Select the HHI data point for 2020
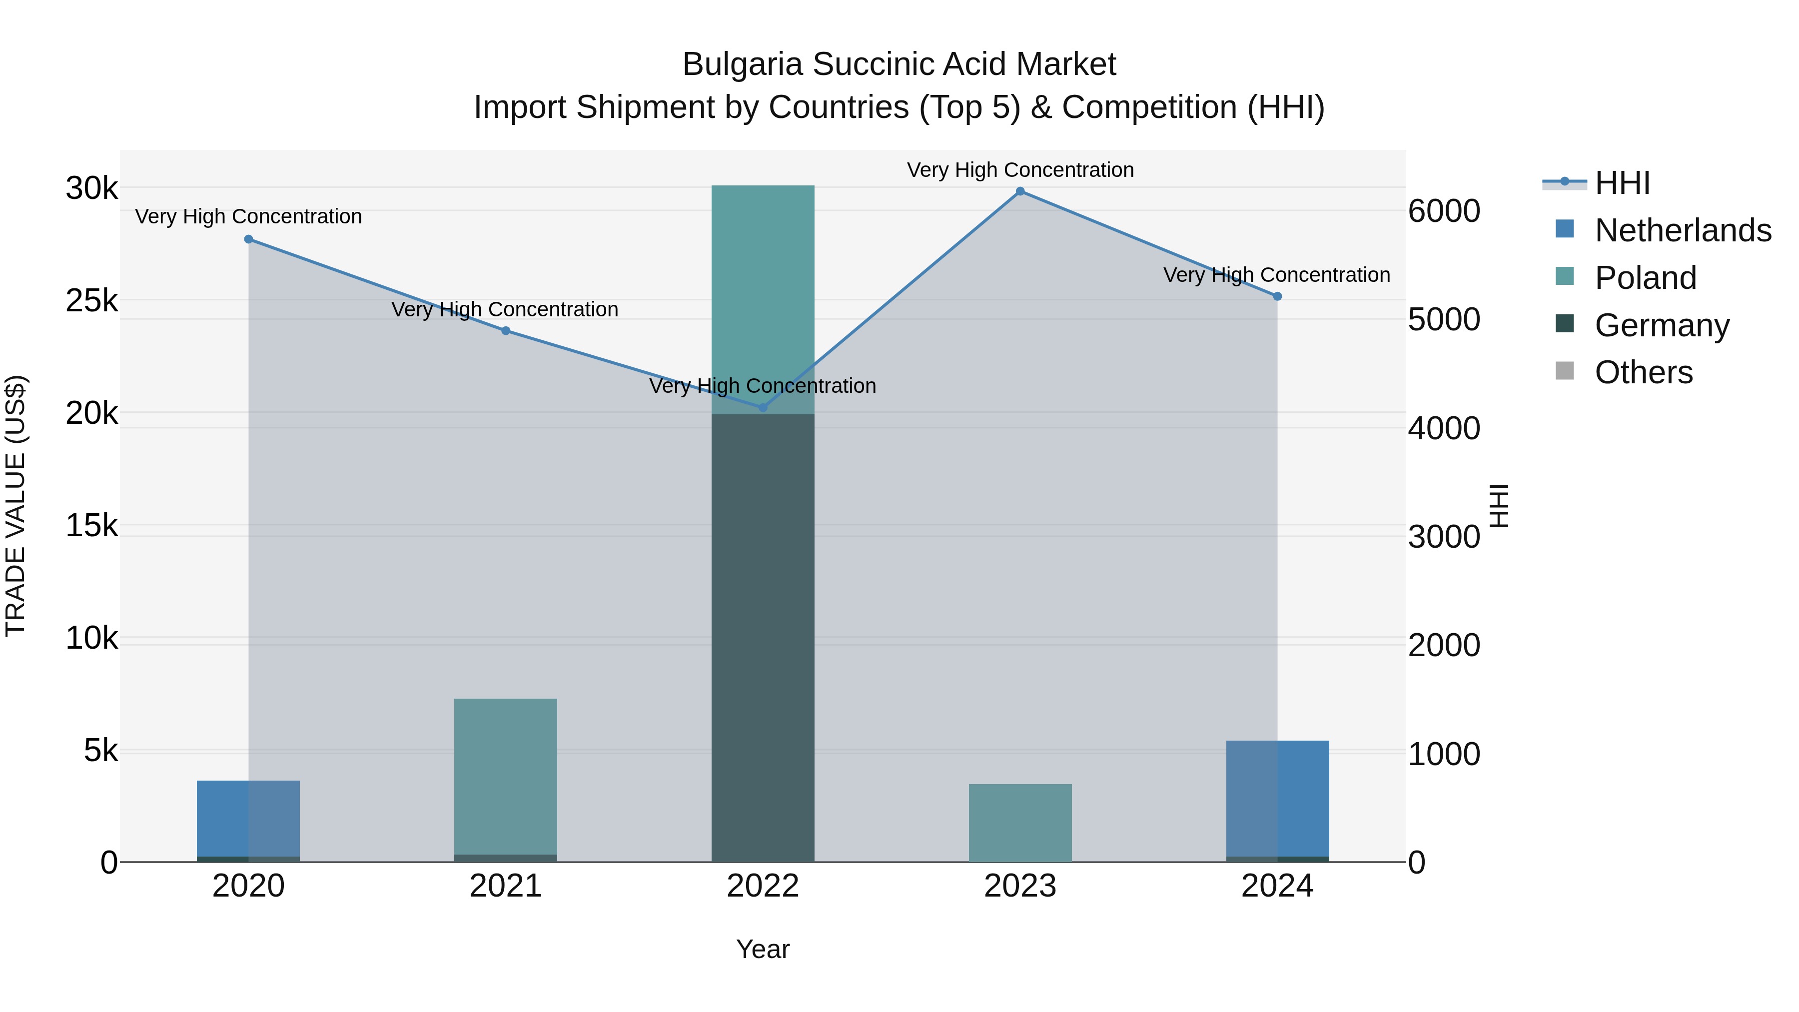pos(249,239)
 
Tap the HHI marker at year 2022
pos(763,407)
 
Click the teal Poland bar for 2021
pos(506,775)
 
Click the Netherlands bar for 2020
pos(249,818)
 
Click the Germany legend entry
pos(1662,325)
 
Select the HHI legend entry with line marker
pos(1622,183)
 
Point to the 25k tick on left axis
pos(91,301)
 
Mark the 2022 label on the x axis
pos(763,886)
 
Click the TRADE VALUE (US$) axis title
pos(16,506)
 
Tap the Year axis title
pos(763,949)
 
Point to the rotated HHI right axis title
pos(1499,506)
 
